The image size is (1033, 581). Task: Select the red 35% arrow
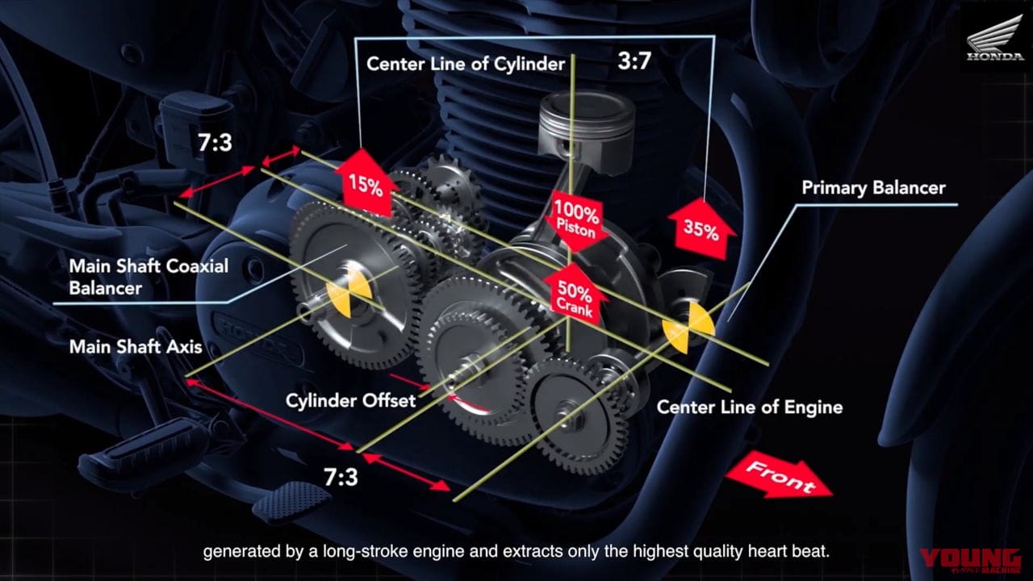coord(701,229)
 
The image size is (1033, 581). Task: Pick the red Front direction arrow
coord(780,480)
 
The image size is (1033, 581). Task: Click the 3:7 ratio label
coord(634,61)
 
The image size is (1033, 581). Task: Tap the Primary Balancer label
coord(873,188)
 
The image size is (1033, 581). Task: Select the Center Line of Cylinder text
coord(466,64)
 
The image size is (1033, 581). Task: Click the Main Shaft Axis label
coord(136,347)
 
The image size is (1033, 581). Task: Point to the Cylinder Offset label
coord(350,400)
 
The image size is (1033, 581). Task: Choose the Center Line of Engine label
coord(750,408)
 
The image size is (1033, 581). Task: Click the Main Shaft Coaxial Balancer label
coord(148,277)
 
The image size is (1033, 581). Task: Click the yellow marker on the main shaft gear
coord(349,293)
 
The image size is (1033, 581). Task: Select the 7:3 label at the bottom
coord(341,477)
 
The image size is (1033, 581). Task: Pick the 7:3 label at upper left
coord(215,143)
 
